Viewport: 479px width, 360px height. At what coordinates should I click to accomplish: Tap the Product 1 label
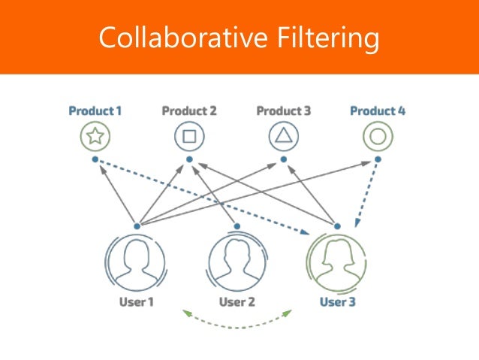click(95, 111)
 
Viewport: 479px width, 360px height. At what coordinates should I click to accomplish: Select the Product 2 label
click(189, 111)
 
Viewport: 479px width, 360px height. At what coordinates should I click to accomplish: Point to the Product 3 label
click(283, 111)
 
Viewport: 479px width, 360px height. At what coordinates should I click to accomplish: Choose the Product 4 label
click(378, 111)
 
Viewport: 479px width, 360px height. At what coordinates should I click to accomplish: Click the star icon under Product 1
click(95, 137)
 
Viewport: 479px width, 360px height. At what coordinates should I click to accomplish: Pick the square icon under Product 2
click(189, 137)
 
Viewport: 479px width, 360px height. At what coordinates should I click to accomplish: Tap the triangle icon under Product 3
click(284, 137)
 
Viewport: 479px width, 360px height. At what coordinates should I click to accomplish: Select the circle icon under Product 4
click(378, 137)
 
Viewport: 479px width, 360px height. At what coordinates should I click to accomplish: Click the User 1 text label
click(136, 302)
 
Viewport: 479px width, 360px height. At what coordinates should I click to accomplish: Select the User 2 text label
click(236, 302)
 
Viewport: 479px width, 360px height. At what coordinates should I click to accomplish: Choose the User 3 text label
click(337, 302)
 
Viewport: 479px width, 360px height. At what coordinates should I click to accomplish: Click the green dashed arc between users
click(237, 325)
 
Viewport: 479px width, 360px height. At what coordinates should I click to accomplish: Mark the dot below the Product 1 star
click(95, 159)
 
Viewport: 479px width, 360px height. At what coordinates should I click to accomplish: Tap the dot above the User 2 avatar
click(236, 225)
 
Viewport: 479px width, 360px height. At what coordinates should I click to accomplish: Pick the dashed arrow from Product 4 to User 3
click(365, 192)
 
